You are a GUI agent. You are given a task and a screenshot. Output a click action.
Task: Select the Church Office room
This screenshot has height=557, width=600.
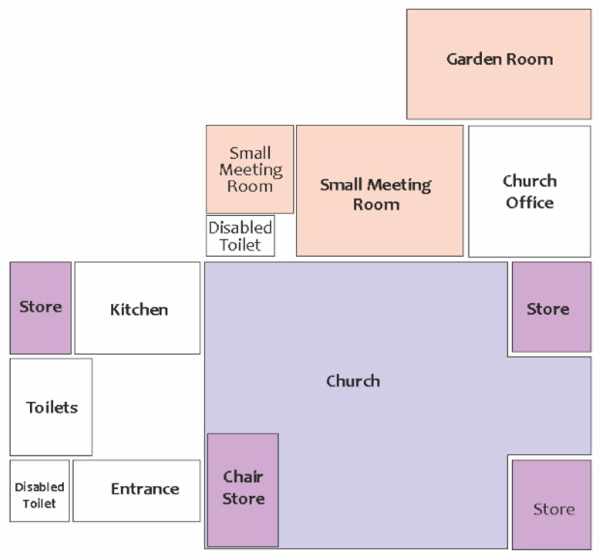(529, 192)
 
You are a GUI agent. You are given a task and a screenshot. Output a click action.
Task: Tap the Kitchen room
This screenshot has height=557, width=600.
(138, 308)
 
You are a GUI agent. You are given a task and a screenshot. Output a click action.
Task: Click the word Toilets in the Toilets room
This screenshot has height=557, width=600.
(51, 408)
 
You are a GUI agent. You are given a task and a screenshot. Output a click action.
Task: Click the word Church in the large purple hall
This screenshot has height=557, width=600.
(353, 381)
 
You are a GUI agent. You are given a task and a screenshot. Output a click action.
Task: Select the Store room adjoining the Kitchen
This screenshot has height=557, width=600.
(41, 307)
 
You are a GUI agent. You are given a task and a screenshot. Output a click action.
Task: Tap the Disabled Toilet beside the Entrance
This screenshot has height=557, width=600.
(40, 490)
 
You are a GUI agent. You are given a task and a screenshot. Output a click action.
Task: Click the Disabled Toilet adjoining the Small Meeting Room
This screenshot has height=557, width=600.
(241, 235)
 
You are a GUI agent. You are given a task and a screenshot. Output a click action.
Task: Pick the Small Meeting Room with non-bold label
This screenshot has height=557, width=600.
(250, 169)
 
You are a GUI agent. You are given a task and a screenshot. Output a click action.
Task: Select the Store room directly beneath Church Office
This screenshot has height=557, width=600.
(551, 307)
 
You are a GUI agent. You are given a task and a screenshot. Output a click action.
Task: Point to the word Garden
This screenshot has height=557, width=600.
(470, 60)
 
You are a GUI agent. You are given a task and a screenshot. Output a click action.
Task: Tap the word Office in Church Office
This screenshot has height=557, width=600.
(529, 203)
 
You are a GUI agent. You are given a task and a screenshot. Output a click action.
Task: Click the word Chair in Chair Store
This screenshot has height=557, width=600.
(243, 477)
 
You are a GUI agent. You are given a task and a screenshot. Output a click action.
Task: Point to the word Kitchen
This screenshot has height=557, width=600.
(138, 310)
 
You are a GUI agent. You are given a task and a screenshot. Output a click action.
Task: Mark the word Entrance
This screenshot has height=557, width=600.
(145, 489)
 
